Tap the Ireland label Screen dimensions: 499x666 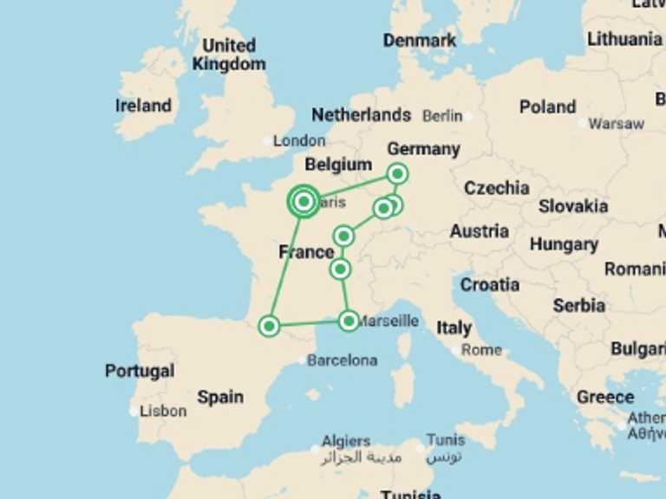click(x=143, y=106)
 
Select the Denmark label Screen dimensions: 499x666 click(x=420, y=41)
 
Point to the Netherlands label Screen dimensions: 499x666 click(x=361, y=114)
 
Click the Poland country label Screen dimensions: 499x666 click(x=547, y=107)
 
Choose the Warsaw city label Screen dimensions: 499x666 click(x=616, y=124)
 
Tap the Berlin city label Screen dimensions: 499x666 click(x=442, y=116)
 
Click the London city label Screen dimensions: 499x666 click(x=299, y=140)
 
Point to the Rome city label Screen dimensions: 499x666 click(x=481, y=350)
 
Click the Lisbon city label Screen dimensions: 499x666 click(x=163, y=411)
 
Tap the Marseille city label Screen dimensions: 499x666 click(x=388, y=321)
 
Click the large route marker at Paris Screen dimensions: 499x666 click(x=304, y=202)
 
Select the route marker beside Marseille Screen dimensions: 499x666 click(x=349, y=321)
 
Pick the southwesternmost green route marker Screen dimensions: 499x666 click(x=270, y=326)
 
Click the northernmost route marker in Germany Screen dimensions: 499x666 click(x=397, y=174)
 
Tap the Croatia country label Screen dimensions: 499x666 click(x=490, y=284)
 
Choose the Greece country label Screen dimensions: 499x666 click(x=605, y=397)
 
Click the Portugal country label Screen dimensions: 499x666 click(x=140, y=371)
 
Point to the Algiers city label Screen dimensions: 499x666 click(x=346, y=441)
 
